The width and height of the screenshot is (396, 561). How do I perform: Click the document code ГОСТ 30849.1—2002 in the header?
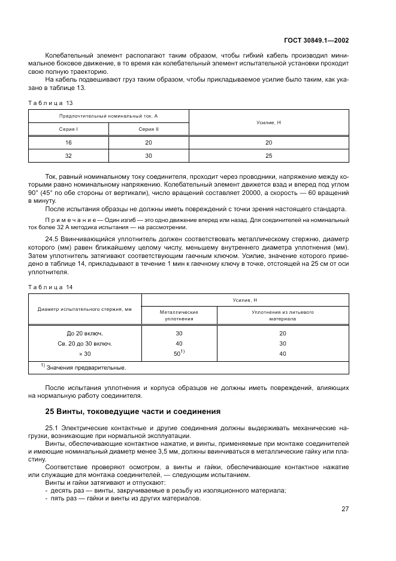[321, 40]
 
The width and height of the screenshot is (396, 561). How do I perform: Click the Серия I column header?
[68, 129]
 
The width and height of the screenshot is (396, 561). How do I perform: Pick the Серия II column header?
[149, 129]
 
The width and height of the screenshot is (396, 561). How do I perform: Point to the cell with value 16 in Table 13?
[68, 142]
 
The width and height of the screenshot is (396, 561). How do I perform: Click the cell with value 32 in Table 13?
[68, 155]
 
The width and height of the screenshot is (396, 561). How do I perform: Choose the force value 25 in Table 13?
[268, 155]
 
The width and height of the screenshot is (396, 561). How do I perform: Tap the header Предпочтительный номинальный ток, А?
[108, 116]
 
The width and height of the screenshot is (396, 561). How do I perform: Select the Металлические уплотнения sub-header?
[179, 316]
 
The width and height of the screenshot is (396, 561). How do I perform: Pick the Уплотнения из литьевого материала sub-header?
[283, 316]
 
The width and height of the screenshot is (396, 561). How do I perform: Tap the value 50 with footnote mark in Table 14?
[179, 353]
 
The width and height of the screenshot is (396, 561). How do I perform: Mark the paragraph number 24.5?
[52, 239]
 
